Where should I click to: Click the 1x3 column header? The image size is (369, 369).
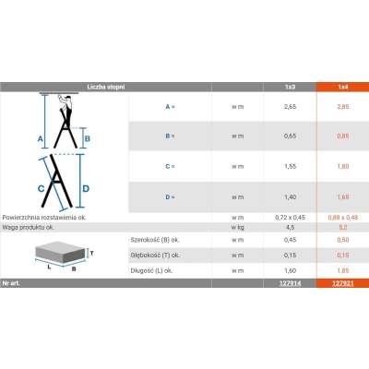[x=290, y=87]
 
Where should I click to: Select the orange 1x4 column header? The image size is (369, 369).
[x=343, y=87]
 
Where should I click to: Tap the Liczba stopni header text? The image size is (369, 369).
[x=106, y=87]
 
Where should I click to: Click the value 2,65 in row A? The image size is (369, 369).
[x=290, y=107]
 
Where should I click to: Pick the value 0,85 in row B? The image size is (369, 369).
[x=343, y=136]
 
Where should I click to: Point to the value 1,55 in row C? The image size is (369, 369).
[x=290, y=166]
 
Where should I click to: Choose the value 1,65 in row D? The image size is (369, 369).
[x=343, y=197]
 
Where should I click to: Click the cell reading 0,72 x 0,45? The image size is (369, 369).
[x=290, y=218]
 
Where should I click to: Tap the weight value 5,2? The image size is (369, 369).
[x=343, y=228]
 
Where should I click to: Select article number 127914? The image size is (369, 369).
[x=290, y=283]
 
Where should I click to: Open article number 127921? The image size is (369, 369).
[x=343, y=283]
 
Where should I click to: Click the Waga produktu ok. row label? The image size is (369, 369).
[x=29, y=228]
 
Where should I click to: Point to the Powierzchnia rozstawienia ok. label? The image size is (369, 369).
[x=44, y=218]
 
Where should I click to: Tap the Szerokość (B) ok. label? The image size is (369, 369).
[x=155, y=240]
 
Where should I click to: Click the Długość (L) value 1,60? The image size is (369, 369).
[x=290, y=270]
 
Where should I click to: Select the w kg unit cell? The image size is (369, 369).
[x=237, y=228]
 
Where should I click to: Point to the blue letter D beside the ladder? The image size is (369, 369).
[x=86, y=188]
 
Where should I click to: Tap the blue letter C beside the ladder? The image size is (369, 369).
[x=41, y=188]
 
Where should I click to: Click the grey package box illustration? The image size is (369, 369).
[x=60, y=252]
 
